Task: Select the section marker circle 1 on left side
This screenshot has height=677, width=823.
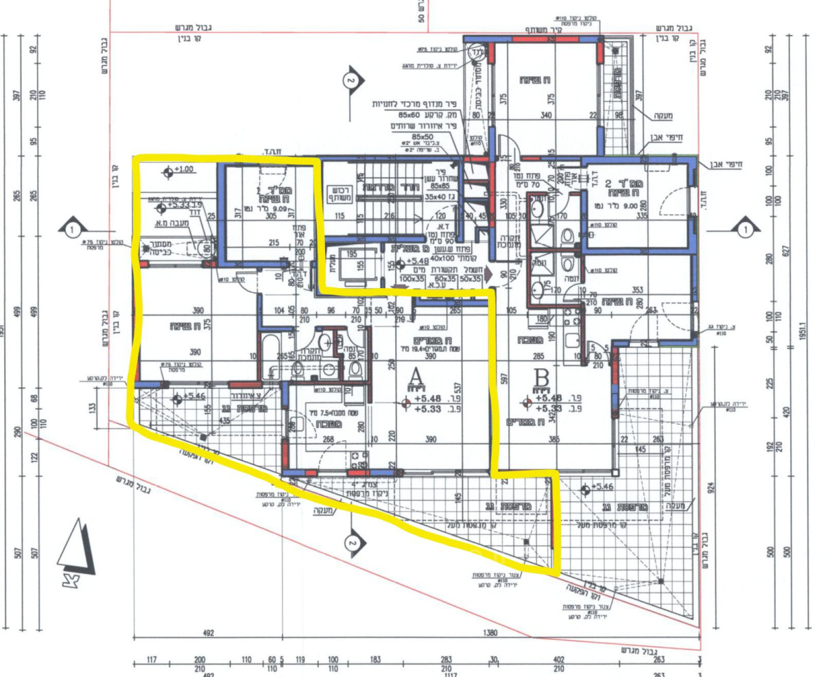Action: tap(75, 227)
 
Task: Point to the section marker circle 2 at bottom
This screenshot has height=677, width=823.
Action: tap(352, 541)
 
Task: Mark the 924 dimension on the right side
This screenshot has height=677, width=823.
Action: tap(711, 489)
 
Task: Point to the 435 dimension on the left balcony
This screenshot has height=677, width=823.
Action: tap(224, 420)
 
